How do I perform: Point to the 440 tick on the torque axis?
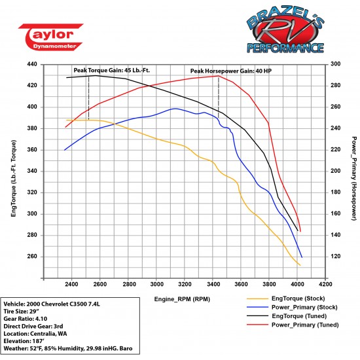[x=31, y=64]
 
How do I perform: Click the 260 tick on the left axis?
[x=31, y=257]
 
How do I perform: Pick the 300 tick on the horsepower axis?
[x=335, y=64]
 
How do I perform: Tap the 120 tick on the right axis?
[x=335, y=257]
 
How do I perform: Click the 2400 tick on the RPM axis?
[x=71, y=285]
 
